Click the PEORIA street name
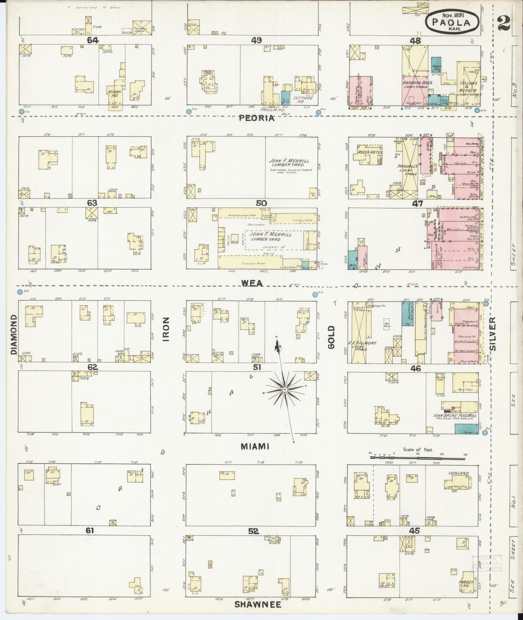point(256,119)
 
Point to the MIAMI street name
point(255,447)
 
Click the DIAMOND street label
point(13,334)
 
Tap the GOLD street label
point(331,337)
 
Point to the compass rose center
point(284,389)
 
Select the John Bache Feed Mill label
point(456,415)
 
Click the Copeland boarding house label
point(458,473)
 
